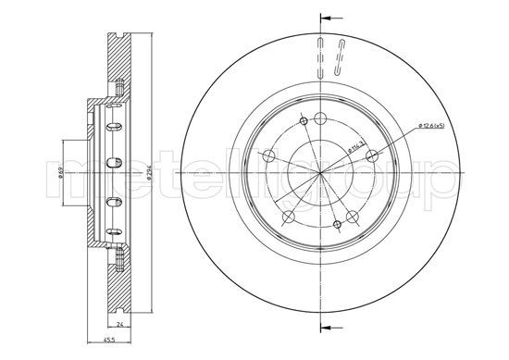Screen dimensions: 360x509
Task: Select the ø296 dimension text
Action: pyautogui.click(x=148, y=173)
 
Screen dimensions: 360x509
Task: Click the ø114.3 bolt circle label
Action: pyautogui.click(x=353, y=145)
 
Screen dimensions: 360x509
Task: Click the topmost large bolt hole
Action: pyautogui.click(x=319, y=118)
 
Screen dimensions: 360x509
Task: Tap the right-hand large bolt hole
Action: pyautogui.click(x=373, y=156)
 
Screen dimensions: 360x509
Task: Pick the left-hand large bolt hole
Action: pyautogui.click(x=267, y=156)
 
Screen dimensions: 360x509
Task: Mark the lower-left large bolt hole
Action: pyautogui.click(x=288, y=217)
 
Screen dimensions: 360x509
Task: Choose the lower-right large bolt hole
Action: pyautogui.click(x=354, y=217)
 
